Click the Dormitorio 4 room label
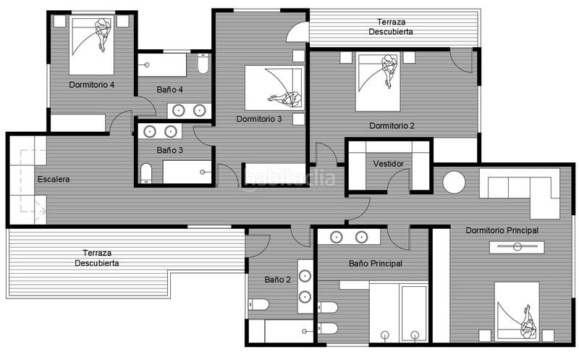tap(92, 85)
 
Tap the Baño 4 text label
tap(170, 89)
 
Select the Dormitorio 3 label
tap(259, 119)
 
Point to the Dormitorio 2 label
tap(392, 125)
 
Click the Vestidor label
tap(388, 164)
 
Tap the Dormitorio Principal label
tap(502, 230)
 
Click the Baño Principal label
tap(375, 264)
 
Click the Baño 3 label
tap(170, 150)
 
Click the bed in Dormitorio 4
tap(93, 46)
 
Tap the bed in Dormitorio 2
tap(378, 81)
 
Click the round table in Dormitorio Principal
tap(455, 182)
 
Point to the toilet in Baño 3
tap(146, 173)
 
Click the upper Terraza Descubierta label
tap(392, 27)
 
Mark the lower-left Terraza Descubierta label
tap(97, 258)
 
